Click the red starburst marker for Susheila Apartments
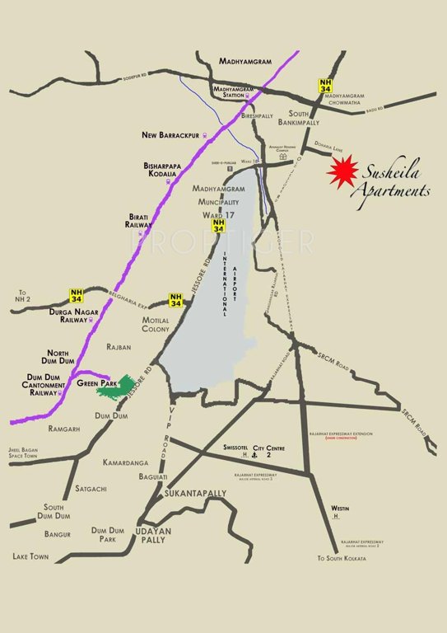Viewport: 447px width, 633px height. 341,171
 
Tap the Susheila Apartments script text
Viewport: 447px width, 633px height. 389,181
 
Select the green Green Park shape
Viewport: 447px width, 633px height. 118,387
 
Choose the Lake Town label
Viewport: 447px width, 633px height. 31,556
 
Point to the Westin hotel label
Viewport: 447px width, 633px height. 340,509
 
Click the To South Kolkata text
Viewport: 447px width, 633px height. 347,559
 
